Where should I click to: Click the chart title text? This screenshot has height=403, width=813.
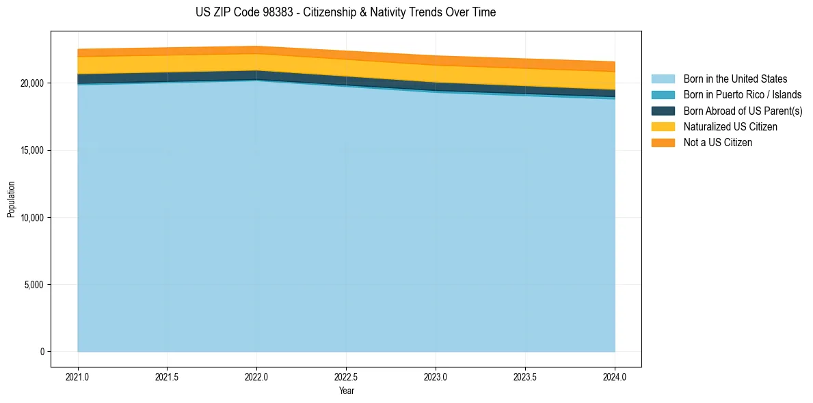point(345,12)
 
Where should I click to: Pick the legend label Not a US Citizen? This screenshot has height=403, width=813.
point(717,143)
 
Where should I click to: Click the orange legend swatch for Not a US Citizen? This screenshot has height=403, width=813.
point(663,143)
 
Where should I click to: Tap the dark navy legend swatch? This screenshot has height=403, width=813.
point(663,111)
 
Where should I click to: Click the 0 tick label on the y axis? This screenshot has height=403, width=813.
point(42,352)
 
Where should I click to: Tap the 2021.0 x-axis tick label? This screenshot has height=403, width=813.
point(78,376)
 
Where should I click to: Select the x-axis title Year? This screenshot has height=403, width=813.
point(347,391)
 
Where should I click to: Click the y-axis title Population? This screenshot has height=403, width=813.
point(11,199)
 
